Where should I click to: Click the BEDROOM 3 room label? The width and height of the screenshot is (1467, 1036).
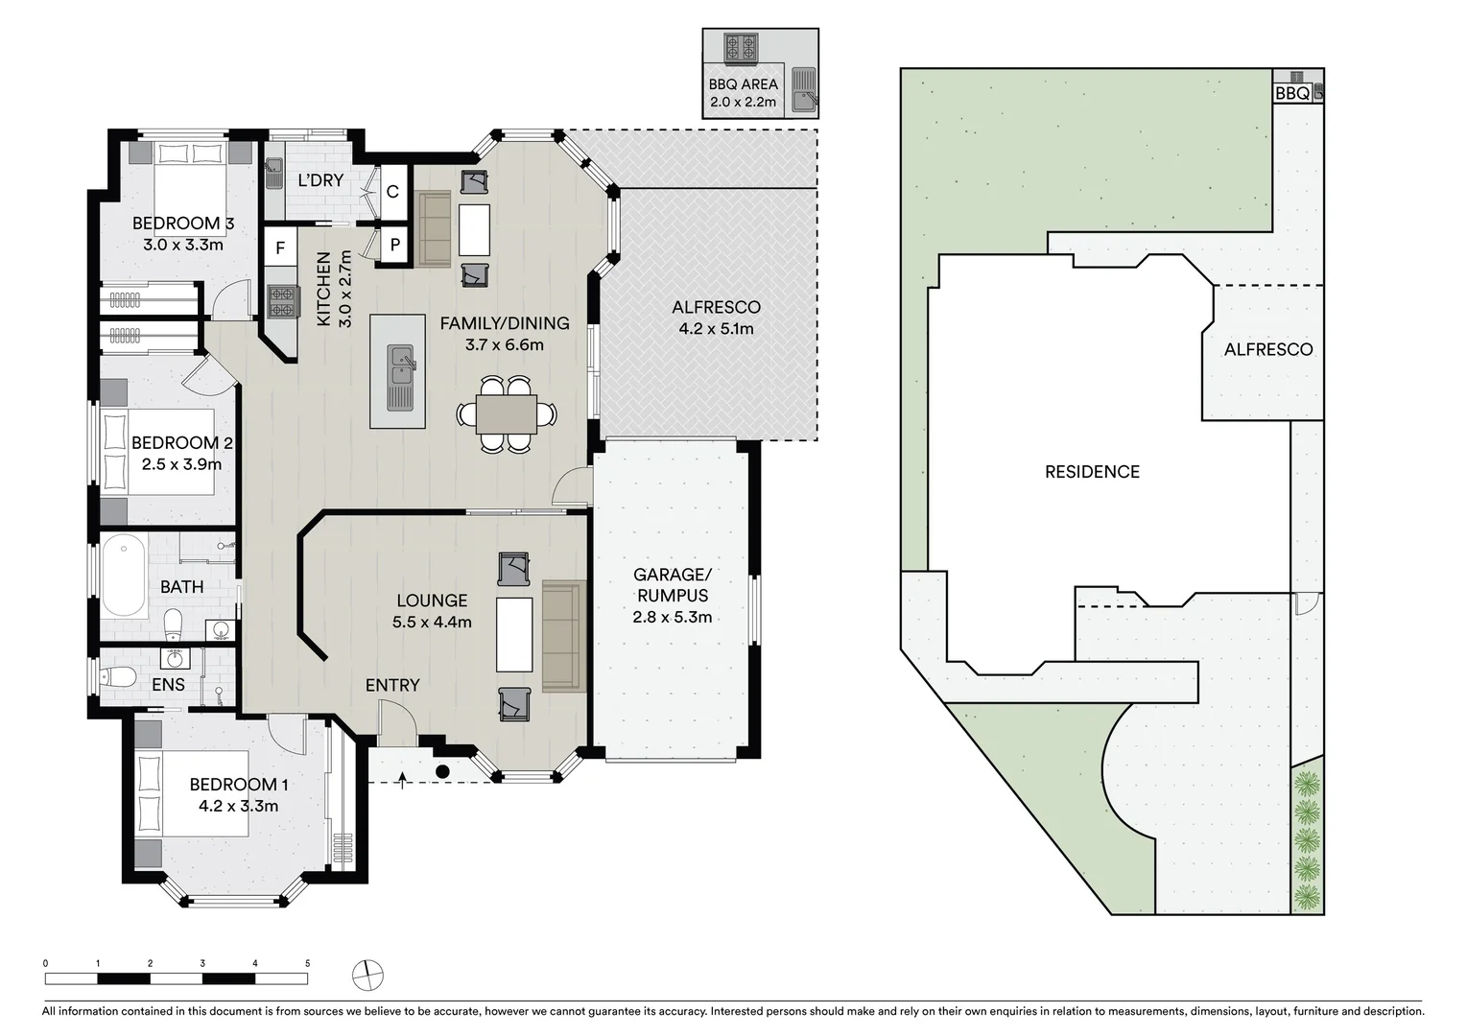pos(182,224)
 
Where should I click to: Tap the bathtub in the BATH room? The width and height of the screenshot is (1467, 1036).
pos(124,577)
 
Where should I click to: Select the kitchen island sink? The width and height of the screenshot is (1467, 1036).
pos(399,376)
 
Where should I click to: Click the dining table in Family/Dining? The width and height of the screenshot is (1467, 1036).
pos(506,414)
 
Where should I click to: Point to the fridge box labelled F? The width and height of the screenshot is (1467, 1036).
pos(280,248)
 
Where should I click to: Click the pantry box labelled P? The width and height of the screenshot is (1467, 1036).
pos(394,245)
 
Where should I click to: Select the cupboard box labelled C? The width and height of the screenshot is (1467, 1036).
pos(392,192)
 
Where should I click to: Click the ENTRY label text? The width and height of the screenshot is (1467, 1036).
pos(391,685)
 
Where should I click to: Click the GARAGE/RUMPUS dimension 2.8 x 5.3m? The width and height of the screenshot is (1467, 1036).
pos(672,617)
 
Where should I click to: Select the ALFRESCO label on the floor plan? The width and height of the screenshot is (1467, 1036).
pos(716,308)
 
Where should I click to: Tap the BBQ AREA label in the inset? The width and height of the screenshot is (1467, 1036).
pos(743,84)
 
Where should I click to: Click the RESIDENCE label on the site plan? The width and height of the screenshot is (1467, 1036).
pos(1092,471)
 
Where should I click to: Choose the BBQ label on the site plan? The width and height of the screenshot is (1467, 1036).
pos(1291,93)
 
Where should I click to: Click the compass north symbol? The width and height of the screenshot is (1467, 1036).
pos(367,976)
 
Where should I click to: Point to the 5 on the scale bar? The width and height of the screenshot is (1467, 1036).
pos(307,963)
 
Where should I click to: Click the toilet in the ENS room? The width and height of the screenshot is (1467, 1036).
pos(120,676)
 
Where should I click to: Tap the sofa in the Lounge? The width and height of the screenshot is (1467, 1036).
pos(564,636)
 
